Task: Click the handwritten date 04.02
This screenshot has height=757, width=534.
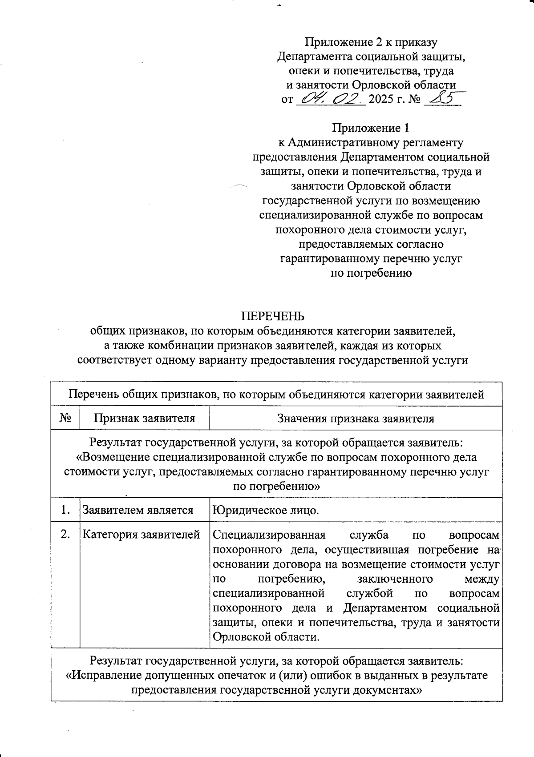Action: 330,98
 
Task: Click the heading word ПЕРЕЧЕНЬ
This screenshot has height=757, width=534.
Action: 273,316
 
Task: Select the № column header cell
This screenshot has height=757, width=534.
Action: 65,418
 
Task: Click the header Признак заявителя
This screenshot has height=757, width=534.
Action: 144,418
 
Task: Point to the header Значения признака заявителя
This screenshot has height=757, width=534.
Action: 356,418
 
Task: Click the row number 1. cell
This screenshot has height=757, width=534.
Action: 65,510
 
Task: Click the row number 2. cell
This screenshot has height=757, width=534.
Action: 65,534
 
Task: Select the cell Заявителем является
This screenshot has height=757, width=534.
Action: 138,510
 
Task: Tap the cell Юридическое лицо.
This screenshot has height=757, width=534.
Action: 266,510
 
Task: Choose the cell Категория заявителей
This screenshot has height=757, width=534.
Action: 141,535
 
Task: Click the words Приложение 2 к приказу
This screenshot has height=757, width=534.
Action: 371,42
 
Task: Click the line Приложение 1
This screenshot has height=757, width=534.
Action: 371,128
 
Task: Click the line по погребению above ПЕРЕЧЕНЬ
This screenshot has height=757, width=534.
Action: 371,273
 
